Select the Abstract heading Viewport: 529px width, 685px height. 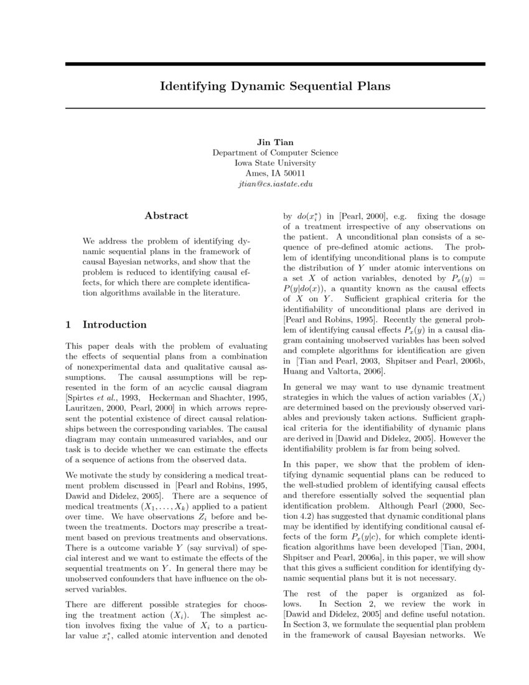[166, 215]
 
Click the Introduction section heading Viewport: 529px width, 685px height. [114, 324]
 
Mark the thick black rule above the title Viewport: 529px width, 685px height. [275, 64]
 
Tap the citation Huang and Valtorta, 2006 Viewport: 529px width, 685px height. [334, 372]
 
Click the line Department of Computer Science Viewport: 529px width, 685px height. [275, 153]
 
